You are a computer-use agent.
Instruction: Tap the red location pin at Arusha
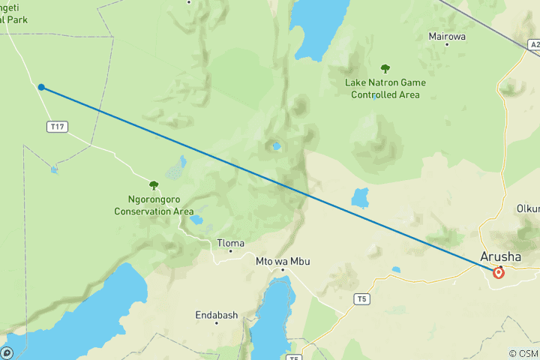click(499, 272)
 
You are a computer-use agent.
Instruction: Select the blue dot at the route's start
click(41, 87)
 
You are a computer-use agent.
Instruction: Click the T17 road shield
click(57, 127)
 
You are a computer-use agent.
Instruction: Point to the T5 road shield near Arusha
click(362, 299)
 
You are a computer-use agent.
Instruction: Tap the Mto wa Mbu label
click(283, 261)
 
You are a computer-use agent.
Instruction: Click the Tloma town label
click(230, 243)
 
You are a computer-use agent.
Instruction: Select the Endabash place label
click(216, 315)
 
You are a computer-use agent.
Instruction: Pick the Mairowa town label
click(447, 35)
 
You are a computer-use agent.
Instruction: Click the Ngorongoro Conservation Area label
click(154, 206)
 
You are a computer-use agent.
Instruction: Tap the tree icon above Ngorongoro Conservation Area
click(154, 185)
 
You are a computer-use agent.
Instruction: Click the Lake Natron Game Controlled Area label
click(385, 88)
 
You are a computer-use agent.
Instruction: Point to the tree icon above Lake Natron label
click(385, 69)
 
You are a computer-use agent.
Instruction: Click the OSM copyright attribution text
click(523, 353)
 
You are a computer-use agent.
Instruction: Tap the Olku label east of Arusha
click(528, 208)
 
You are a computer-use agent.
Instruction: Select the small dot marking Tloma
click(230, 251)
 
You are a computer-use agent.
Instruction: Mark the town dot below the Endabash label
click(216, 323)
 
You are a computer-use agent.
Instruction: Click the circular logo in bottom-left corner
click(7, 352)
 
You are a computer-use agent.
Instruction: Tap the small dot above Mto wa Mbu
click(283, 269)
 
